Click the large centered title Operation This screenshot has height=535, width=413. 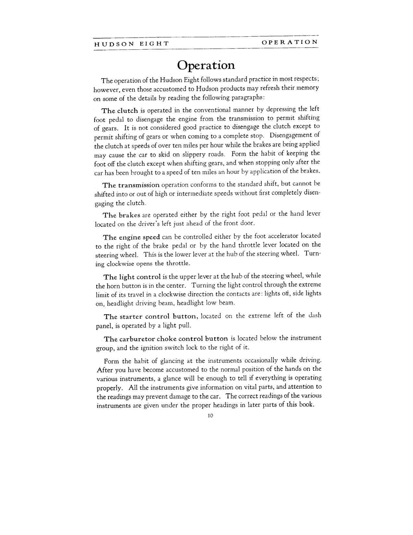[x=206, y=65]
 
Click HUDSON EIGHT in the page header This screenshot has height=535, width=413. [x=132, y=44]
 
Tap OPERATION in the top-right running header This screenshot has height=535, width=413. [x=290, y=42]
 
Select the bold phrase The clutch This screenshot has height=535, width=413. [x=120, y=111]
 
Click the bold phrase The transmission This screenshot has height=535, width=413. [x=131, y=185]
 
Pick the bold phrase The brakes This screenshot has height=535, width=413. [x=121, y=215]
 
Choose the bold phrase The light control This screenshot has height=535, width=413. [x=132, y=277]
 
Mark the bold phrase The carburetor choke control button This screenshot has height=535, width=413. [x=166, y=339]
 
